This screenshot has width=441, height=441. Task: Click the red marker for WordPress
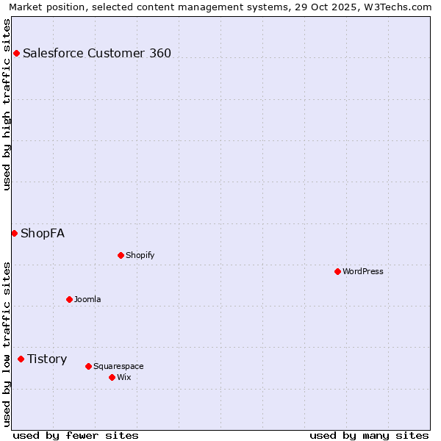coord(337,271)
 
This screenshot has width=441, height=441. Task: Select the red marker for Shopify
coord(121,255)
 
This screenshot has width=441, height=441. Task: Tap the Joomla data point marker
coord(69,299)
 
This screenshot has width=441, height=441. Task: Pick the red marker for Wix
coord(112,377)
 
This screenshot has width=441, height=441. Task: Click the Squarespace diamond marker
coord(88,366)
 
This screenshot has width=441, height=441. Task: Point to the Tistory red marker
coord(21,359)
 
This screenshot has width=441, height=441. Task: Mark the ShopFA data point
coord(14,233)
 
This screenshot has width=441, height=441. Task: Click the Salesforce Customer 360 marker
coord(16,53)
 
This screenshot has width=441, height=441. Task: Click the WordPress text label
coord(363,271)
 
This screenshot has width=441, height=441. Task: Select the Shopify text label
coord(140,255)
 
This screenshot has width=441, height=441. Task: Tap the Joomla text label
coord(87,299)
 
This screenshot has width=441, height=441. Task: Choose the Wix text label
coord(123,377)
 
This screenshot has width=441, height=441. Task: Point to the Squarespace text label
coord(118,366)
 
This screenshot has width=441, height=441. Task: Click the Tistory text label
coord(47,359)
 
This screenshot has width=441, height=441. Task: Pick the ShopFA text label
coord(43,233)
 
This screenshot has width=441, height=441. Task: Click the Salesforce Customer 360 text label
coord(97,53)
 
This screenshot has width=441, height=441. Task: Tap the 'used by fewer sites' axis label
coord(75,435)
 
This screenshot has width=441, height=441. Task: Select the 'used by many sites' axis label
coord(369,435)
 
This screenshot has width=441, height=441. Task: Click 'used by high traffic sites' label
coord(7,104)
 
